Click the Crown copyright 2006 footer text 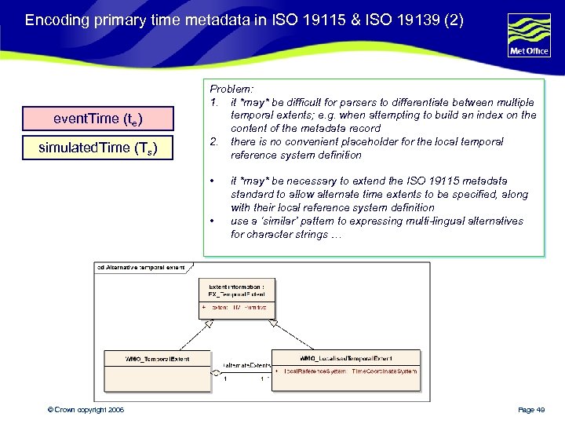point(85,410)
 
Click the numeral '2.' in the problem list point(213,141)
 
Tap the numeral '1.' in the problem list point(213,102)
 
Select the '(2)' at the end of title point(454,20)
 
